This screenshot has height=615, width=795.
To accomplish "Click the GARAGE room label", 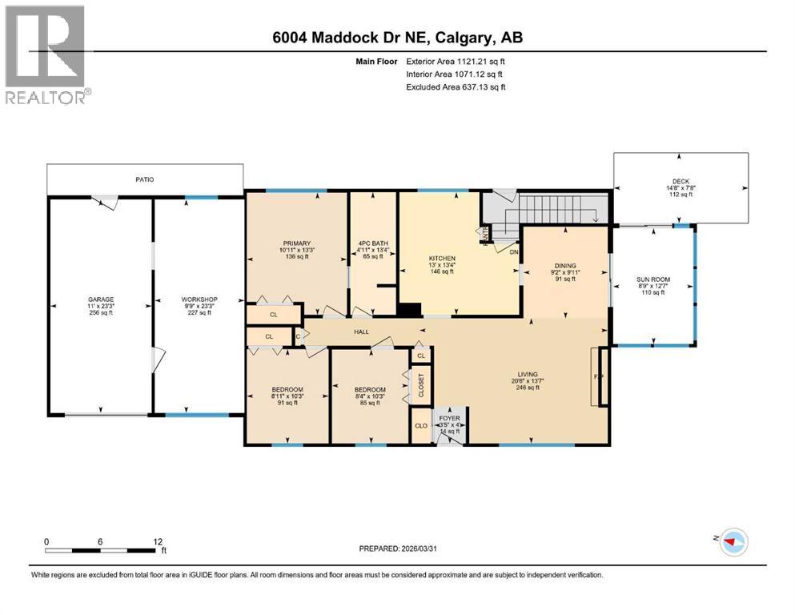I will pyautogui.click(x=100, y=299).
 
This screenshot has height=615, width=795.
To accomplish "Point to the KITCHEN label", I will pyautogui.click(x=442, y=259).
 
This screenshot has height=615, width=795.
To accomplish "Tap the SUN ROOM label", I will pyautogui.click(x=652, y=280).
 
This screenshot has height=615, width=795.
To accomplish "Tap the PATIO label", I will pyautogui.click(x=144, y=179).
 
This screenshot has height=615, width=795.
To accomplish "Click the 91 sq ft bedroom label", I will pyautogui.click(x=286, y=390).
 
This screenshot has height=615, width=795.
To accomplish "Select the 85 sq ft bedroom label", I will pyautogui.click(x=368, y=390).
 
